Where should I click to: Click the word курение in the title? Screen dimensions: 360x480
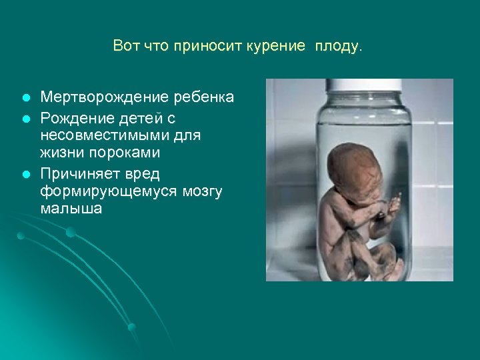pos(275,46)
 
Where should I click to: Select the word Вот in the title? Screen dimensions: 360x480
pos(126,46)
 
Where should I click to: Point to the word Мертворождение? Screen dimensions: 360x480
pos(101,97)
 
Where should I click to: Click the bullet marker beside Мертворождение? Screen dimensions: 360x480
pos(25,98)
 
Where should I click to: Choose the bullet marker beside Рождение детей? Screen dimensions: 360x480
pos(25,118)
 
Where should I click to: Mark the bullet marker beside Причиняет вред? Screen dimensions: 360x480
pos(25,173)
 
